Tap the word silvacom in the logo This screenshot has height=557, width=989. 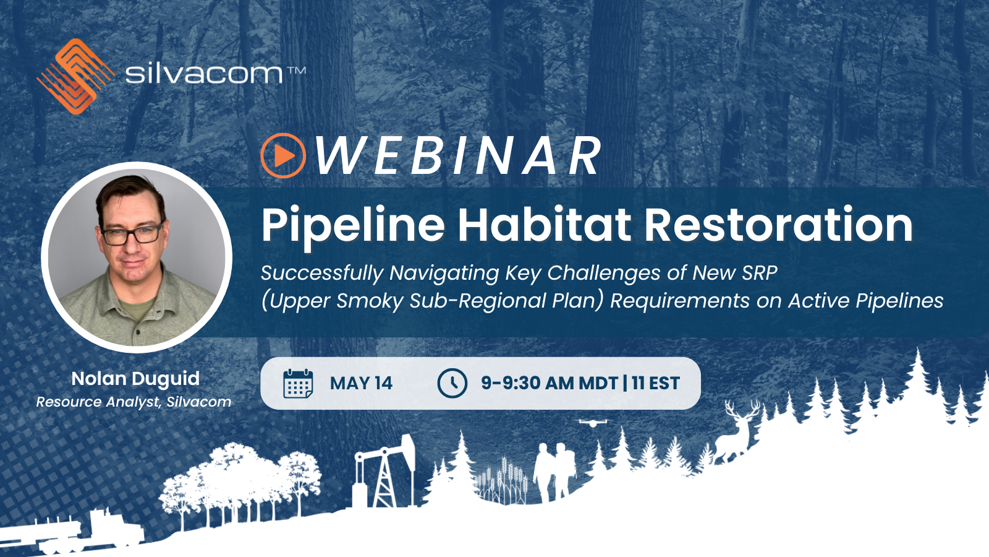[x=204, y=74]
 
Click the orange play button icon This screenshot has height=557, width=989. [x=283, y=155]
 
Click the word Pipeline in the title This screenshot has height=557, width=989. [x=353, y=225]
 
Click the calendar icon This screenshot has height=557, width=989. [x=298, y=383]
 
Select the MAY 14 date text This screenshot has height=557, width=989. [x=361, y=383]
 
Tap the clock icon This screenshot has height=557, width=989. [x=452, y=383]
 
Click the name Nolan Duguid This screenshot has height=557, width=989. [x=135, y=379]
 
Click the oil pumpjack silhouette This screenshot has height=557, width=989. [x=384, y=470]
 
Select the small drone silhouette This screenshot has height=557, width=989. [x=593, y=423]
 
